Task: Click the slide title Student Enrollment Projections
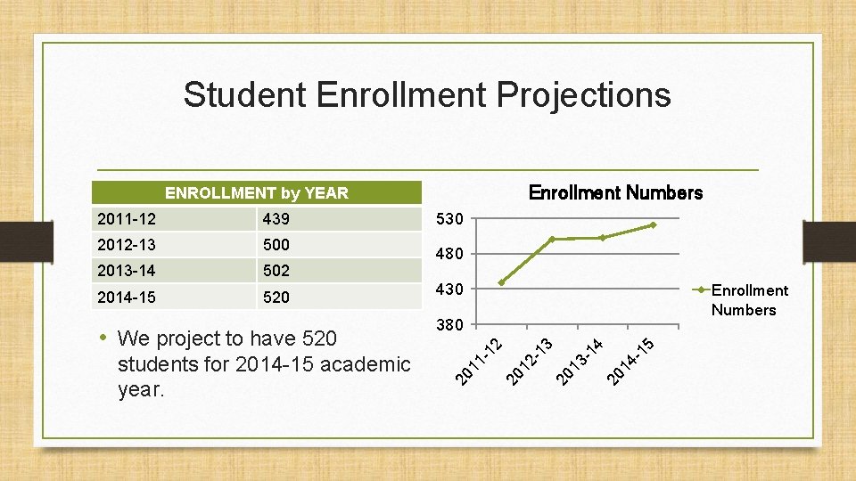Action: (x=427, y=94)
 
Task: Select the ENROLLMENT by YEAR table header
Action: (x=257, y=192)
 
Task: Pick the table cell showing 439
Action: (x=276, y=219)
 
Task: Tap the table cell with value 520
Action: (x=276, y=298)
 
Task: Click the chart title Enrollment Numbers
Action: (x=615, y=192)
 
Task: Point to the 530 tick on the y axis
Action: (x=449, y=219)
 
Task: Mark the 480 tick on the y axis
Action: (x=449, y=255)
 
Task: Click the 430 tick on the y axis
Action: (x=449, y=289)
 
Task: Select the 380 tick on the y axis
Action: (x=449, y=325)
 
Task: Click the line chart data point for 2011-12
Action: (x=502, y=282)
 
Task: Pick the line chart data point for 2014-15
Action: (x=653, y=225)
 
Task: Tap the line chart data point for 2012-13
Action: (x=552, y=239)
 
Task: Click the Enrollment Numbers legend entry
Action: (x=748, y=300)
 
